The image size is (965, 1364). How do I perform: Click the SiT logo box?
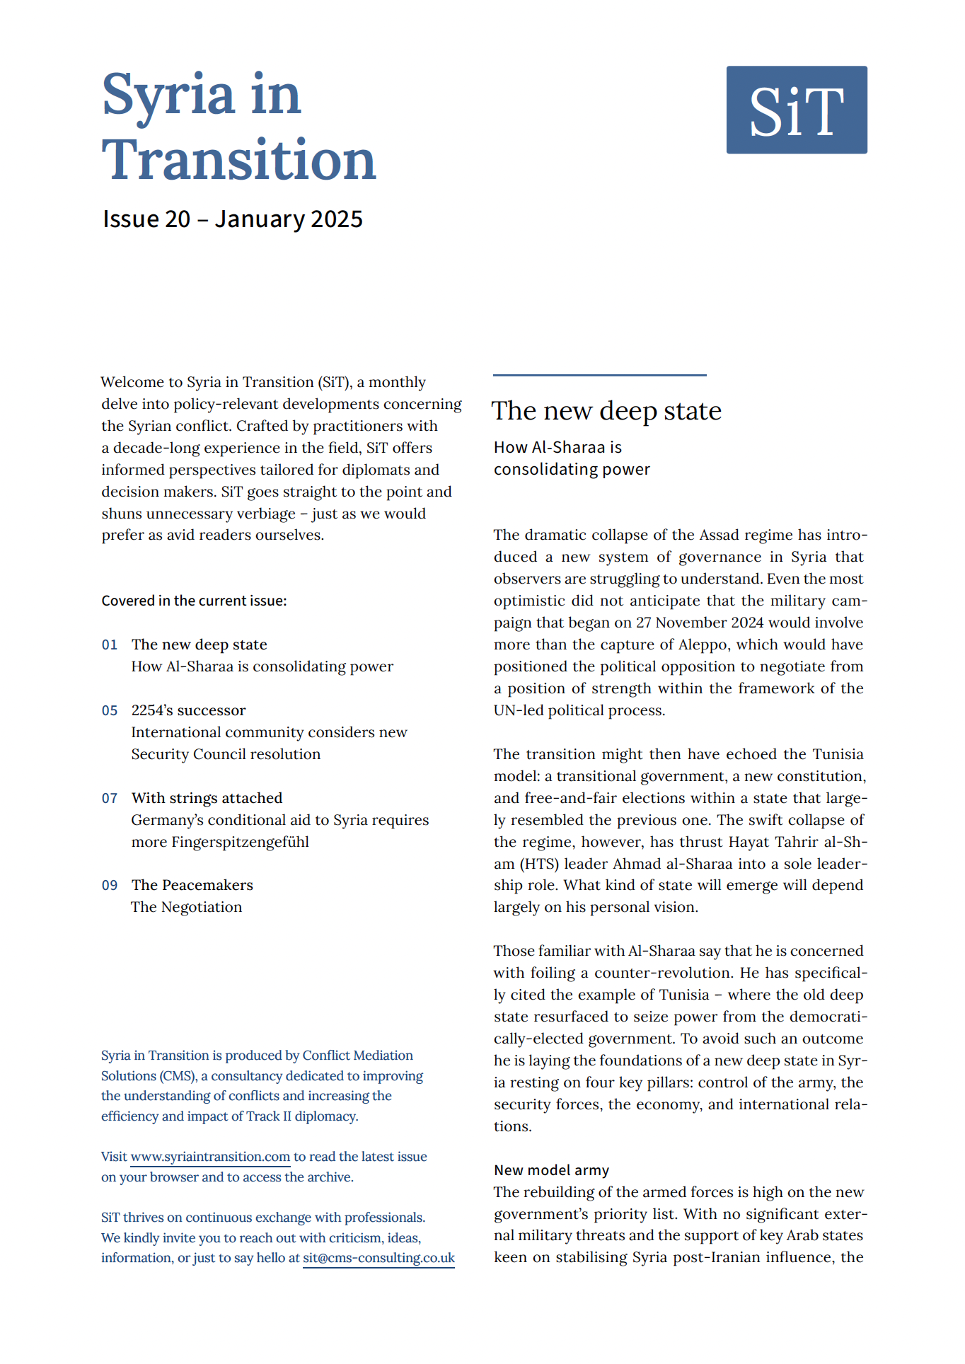(797, 110)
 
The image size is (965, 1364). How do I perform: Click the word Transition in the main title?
(238, 161)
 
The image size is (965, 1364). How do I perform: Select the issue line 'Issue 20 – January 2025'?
(232, 219)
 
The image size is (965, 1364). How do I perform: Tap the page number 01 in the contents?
(110, 645)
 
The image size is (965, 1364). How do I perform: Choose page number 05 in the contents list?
(110, 711)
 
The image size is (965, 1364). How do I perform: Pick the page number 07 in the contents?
(110, 799)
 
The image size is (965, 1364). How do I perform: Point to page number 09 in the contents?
(110, 886)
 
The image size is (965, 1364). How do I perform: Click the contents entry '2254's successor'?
(188, 710)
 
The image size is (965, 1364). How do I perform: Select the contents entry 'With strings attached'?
(207, 798)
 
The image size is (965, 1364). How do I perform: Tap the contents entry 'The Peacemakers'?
(192, 885)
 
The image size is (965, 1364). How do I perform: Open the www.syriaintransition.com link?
(210, 1157)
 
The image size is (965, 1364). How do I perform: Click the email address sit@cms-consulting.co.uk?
(379, 1258)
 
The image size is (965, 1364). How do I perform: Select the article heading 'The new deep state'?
(606, 411)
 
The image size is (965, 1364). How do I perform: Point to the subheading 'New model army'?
(551, 1170)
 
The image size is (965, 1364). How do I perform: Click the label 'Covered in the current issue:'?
(194, 601)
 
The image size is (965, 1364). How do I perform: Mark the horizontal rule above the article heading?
(599, 375)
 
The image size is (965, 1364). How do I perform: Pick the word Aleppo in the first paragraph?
(705, 645)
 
